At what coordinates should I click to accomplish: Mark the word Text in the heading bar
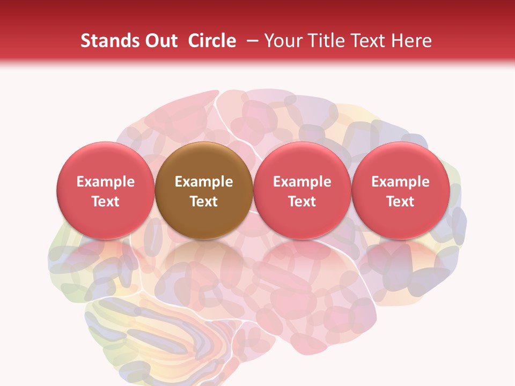[369, 41]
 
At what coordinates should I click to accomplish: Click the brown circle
[204, 190]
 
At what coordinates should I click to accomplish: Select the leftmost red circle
[106, 190]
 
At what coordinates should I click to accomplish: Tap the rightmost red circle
[401, 190]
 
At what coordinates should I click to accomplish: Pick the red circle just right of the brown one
[302, 190]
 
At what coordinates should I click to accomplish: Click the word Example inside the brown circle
[204, 182]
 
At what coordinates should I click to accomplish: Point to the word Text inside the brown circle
[204, 201]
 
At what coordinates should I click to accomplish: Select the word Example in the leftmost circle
[106, 182]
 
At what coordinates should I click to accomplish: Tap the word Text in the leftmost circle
[106, 201]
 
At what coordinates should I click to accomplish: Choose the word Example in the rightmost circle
[401, 182]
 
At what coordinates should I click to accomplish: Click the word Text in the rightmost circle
[401, 201]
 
